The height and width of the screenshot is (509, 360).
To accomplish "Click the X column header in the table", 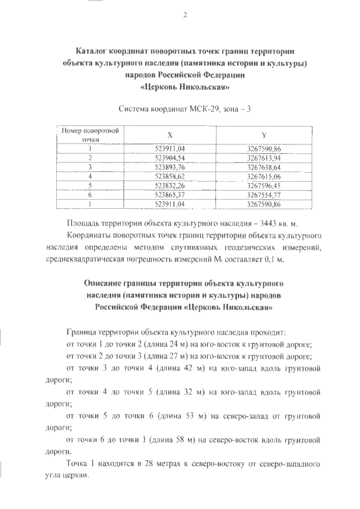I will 169,135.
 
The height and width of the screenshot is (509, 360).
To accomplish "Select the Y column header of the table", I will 264,135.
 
